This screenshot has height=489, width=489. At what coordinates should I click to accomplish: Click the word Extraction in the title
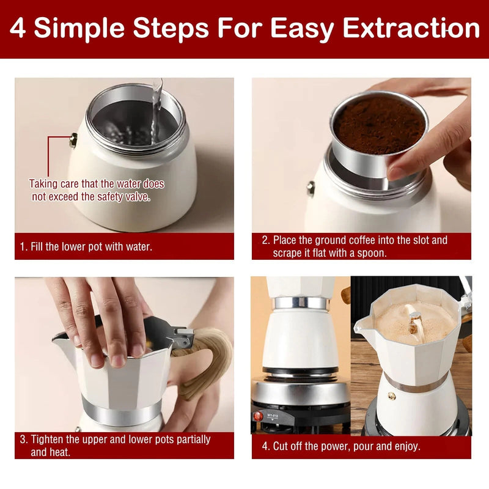[x=411, y=28]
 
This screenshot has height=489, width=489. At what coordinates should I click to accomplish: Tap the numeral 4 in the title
[x=18, y=28]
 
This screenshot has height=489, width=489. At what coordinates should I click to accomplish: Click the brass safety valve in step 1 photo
[x=73, y=140]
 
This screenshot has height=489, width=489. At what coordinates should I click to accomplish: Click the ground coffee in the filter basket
[x=379, y=125]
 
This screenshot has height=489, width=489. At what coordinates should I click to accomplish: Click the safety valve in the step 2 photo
[x=311, y=188]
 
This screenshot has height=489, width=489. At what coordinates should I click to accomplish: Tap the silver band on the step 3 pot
[x=122, y=411]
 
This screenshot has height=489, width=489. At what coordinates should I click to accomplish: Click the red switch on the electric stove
[x=258, y=416]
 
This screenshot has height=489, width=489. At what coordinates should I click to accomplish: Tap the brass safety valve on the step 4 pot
[x=392, y=396]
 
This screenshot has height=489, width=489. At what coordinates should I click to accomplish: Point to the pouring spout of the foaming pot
[x=361, y=325]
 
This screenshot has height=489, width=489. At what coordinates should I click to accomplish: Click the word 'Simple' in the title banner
[x=79, y=29]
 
